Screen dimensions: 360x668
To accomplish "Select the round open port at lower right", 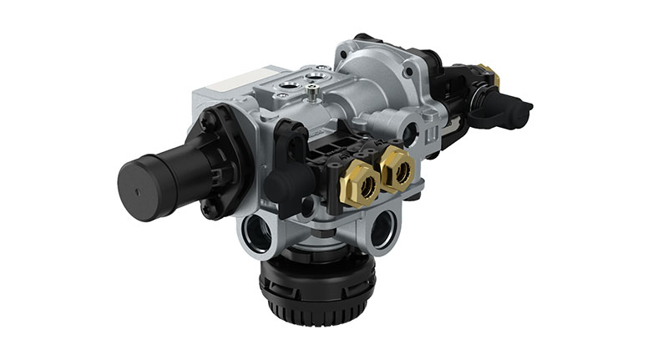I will click(x=382, y=228).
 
